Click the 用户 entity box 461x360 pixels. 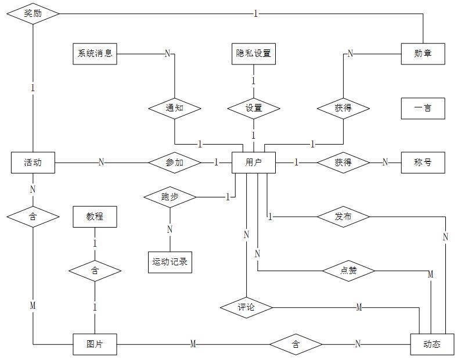point(253,163)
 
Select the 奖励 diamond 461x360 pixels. point(33,13)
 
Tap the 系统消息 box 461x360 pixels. point(95,54)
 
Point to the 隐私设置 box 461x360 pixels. point(253,54)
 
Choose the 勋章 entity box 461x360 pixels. point(423,54)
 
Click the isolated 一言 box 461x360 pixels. point(423,109)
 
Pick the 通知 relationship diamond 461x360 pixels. point(175,109)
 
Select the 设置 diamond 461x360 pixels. point(253,109)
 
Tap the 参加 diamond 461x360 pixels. point(175,163)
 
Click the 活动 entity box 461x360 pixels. point(33,163)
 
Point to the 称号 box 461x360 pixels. point(423,163)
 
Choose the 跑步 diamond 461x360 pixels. point(170,197)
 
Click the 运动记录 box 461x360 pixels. point(170,262)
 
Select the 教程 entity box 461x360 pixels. point(95,217)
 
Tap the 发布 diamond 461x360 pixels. point(343,217)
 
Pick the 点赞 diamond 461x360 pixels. point(348,271)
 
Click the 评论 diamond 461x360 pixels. point(246,308)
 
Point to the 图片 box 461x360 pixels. point(95,344)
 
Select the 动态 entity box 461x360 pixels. point(432,344)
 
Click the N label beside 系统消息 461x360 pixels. point(167,53)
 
